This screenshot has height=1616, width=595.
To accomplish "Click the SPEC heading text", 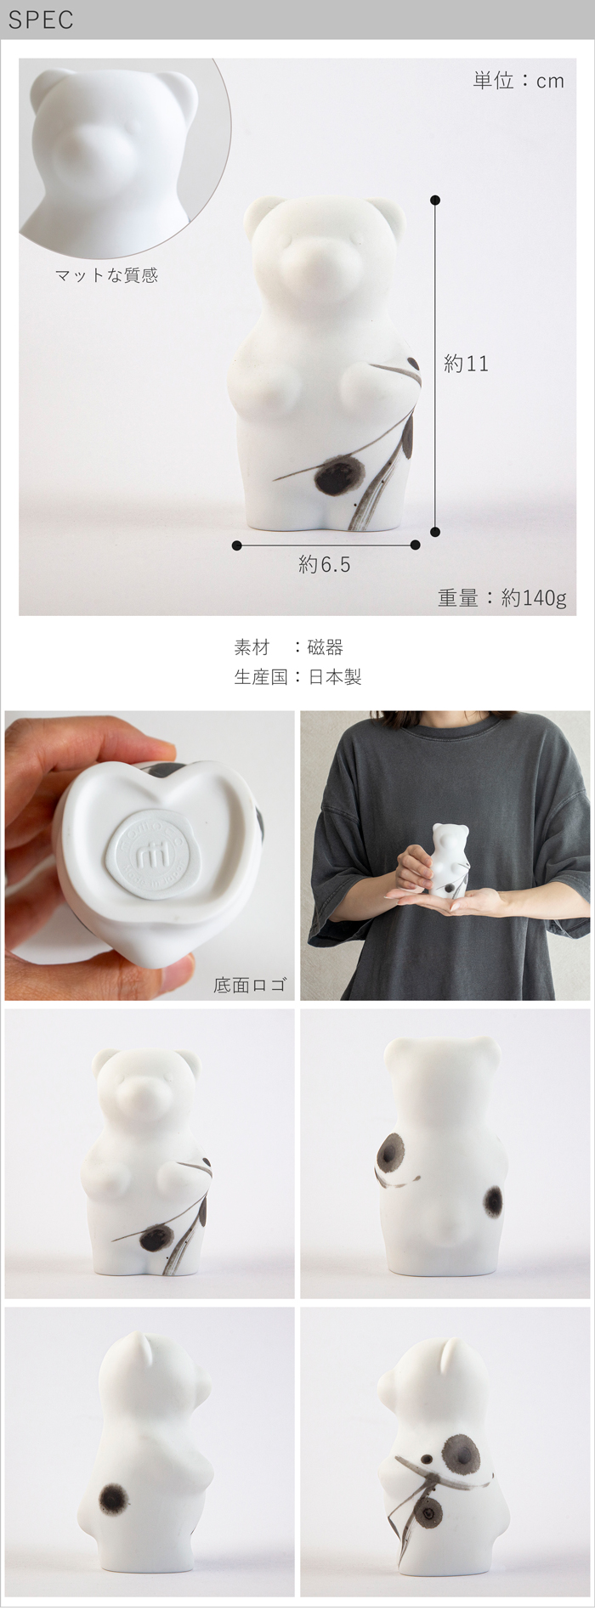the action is pyautogui.click(x=41, y=20).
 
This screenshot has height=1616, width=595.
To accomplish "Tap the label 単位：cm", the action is pyautogui.click(x=518, y=81).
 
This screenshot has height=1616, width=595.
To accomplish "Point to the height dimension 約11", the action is pyautogui.click(x=466, y=364).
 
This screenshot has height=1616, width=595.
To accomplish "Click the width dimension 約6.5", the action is pyautogui.click(x=325, y=564).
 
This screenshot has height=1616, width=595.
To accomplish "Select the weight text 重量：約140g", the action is pyautogui.click(x=501, y=598).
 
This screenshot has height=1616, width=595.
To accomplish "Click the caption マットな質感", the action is pyautogui.click(x=106, y=274).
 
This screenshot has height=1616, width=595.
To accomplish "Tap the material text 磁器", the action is pyautogui.click(x=325, y=647).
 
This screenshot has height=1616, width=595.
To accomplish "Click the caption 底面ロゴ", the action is pyautogui.click(x=249, y=985).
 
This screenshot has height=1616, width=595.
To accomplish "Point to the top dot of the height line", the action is pyautogui.click(x=436, y=201).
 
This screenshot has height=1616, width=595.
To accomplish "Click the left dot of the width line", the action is pyautogui.click(x=236, y=545).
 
